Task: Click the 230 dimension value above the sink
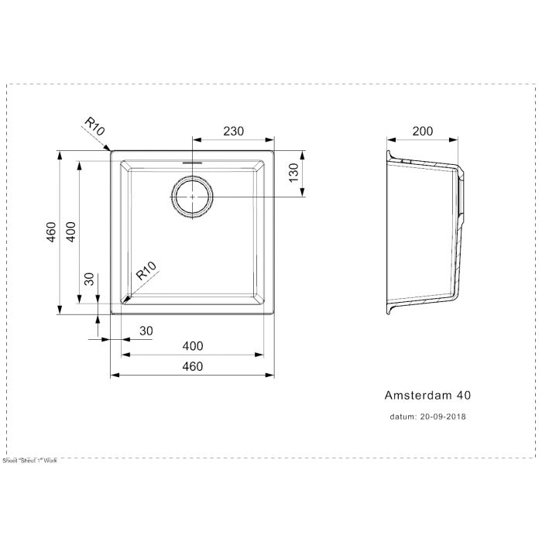232,132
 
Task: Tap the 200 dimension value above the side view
422,132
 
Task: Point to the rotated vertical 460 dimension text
50,232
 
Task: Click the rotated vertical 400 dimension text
70,232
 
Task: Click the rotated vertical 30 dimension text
89,279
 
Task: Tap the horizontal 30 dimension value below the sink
146,331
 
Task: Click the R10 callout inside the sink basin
146,273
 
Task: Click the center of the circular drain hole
191,198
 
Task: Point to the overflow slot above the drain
191,163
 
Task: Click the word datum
402,416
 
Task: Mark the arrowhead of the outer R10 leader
110,149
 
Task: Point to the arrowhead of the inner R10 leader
127,297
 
